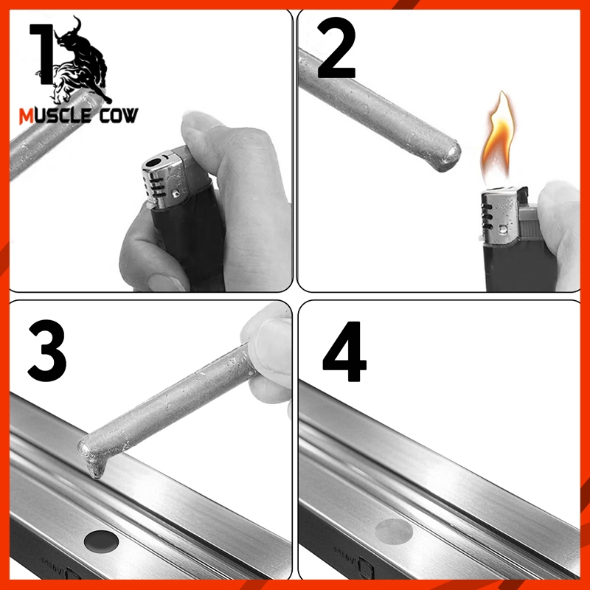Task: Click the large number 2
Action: pyautogui.click(x=336, y=47)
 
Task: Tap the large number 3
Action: pyautogui.click(x=47, y=351)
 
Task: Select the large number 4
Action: pyautogui.click(x=344, y=352)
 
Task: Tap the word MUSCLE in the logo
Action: pyautogui.click(x=55, y=116)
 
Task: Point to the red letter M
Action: pyautogui.click(x=27, y=117)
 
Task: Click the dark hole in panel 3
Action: pyautogui.click(x=101, y=541)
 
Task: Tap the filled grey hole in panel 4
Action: pyautogui.click(x=394, y=531)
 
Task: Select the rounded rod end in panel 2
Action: pyautogui.click(x=447, y=156)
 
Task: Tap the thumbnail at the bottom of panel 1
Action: pyautogui.click(x=166, y=283)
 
